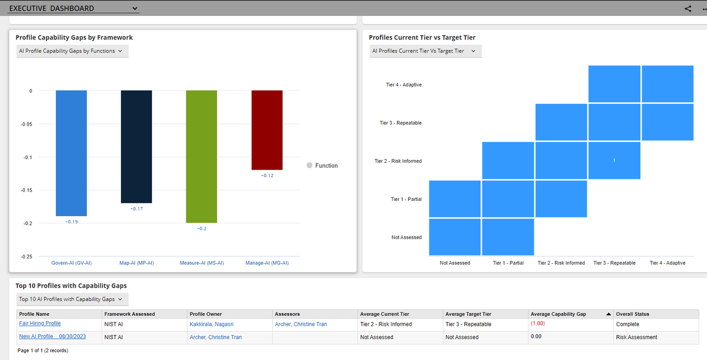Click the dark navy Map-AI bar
pos(136,147)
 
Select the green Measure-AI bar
pos(201,156)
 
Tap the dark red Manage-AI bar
pos(267,130)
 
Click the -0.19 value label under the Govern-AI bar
pos(72,222)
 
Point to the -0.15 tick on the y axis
pos(26,190)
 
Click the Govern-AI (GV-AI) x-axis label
pos(72,263)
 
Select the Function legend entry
pos(322,165)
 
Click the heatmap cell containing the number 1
pos(614,161)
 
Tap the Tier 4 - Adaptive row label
pos(403,84)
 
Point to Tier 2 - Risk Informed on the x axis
pos(561,263)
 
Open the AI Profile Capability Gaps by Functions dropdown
pos(72,51)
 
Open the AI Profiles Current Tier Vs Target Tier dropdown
pos(426,51)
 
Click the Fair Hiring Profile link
pos(40,323)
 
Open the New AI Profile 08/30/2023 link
pos(52,336)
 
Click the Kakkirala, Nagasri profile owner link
pos(212,324)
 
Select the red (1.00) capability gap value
pos(538,323)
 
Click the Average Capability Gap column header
pos(558,314)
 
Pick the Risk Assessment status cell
pos(636,337)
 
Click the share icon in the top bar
pos(688,8)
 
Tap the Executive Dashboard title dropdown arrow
pos(135,8)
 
